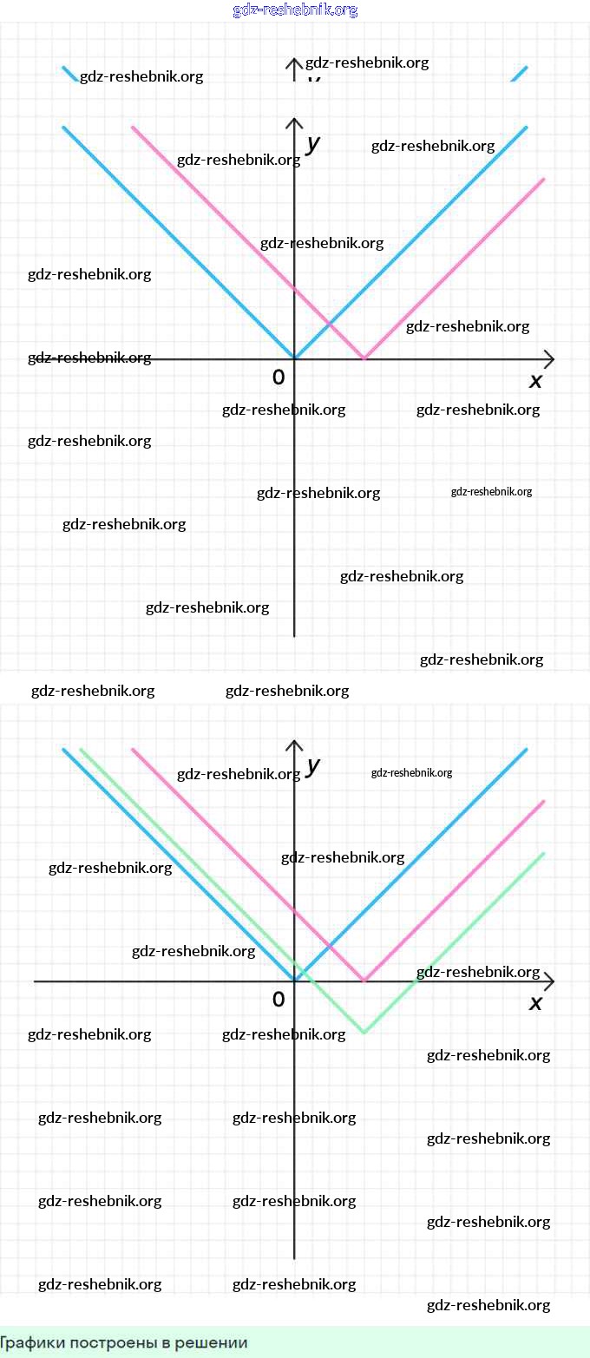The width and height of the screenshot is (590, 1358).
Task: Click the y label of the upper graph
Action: [x=313, y=143]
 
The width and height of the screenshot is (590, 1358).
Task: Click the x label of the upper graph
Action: [x=535, y=381]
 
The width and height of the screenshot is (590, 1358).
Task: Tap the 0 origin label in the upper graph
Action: [x=279, y=377]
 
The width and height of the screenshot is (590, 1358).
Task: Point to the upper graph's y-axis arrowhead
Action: [x=294, y=122]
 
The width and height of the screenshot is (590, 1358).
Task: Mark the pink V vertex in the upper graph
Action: [x=364, y=358]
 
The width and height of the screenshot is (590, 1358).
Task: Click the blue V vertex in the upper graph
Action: [x=294, y=358]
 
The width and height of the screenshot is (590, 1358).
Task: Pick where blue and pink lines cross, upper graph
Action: [x=330, y=323]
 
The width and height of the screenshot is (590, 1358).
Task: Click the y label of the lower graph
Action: [x=313, y=765]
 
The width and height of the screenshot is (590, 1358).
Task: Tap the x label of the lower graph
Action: [x=535, y=1003]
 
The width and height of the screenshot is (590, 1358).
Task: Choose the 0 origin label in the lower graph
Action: [x=279, y=1000]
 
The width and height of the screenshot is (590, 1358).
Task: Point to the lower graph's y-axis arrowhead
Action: [x=294, y=745]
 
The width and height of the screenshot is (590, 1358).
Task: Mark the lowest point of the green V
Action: [x=364, y=1033]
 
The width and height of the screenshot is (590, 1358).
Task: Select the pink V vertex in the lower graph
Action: [x=364, y=981]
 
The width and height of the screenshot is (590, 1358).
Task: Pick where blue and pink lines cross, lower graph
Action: [x=330, y=946]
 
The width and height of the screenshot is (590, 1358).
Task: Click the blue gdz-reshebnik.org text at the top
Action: [x=295, y=10]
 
